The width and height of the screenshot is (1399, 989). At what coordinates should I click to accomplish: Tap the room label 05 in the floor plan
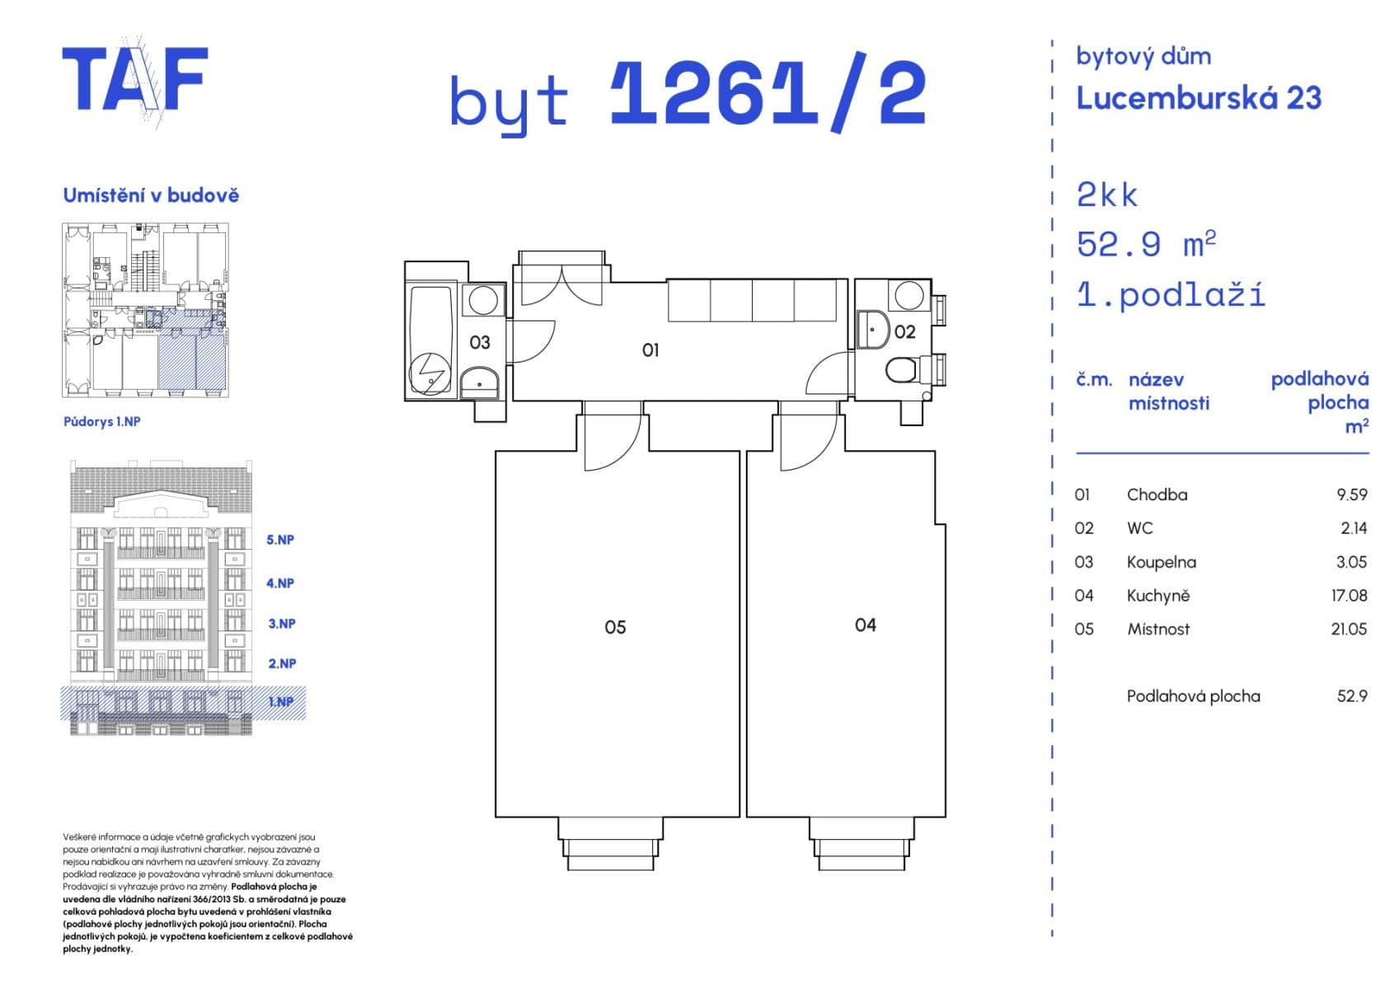pos(615,627)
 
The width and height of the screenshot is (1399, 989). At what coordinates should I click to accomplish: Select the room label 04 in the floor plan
pos(865,625)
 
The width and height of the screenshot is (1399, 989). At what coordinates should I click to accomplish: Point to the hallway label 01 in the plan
pos(650,350)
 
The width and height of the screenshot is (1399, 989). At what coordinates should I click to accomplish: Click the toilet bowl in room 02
pos(901,370)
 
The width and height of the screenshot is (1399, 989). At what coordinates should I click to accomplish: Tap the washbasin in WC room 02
pos(871,329)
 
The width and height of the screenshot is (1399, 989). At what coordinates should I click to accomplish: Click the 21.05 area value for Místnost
pos(1348,629)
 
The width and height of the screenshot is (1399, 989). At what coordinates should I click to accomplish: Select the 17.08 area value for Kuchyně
pos(1349,595)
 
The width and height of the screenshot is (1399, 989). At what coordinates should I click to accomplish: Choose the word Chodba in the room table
pos(1157,494)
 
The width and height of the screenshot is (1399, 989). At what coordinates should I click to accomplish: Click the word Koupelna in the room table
pos(1161,562)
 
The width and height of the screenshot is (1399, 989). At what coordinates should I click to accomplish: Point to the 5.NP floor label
pos(280,540)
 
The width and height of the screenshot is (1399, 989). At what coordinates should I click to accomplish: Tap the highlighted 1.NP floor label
pos(281,702)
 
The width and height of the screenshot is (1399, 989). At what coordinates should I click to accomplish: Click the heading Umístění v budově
pos(151,195)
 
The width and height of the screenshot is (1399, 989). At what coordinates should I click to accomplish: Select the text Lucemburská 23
pos(1198,98)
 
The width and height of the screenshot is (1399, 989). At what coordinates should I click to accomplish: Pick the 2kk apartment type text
pos(1106,195)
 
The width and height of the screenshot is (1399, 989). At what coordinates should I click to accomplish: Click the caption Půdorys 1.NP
pos(101,421)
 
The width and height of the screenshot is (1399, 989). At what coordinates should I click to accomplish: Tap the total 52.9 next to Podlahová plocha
pos(1351,696)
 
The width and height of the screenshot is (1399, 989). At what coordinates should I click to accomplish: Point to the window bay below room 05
pos(610,842)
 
